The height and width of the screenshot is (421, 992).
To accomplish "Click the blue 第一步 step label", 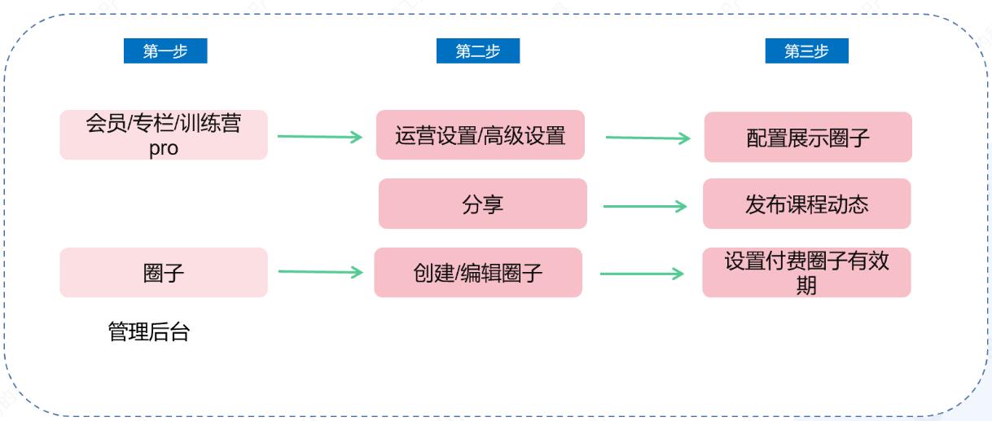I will click(x=165, y=51).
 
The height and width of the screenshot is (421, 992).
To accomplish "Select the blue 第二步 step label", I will click(x=477, y=51).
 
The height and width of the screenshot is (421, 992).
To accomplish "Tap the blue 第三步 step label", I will click(x=806, y=51).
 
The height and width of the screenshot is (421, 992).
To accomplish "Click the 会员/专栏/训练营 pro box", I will click(x=163, y=135).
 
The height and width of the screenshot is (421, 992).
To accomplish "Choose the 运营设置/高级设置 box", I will click(x=480, y=135).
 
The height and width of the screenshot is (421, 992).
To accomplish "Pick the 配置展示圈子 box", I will click(x=807, y=138).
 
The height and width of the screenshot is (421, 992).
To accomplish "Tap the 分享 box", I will click(x=482, y=204).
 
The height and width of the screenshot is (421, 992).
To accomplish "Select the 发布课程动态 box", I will click(x=806, y=204).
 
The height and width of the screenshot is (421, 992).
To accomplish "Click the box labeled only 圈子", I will click(x=163, y=273).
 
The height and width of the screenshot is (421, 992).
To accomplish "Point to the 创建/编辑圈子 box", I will click(x=478, y=273).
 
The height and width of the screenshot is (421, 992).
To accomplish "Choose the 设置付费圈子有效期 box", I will click(x=806, y=273).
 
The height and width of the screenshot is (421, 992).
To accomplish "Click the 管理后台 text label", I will click(x=148, y=332).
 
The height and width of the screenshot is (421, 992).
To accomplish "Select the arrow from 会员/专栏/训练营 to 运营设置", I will click(x=319, y=137).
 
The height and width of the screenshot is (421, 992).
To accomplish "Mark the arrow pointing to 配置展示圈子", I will click(x=647, y=138).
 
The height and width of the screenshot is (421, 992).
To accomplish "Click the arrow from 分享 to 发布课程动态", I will click(x=645, y=206).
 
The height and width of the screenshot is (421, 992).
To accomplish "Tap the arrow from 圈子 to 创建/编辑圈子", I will click(x=319, y=272).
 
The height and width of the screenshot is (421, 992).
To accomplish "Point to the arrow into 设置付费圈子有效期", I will click(x=642, y=274).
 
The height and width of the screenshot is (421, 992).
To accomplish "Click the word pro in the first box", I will click(x=163, y=149).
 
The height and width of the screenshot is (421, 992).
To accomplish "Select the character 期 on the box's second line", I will click(x=806, y=286).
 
